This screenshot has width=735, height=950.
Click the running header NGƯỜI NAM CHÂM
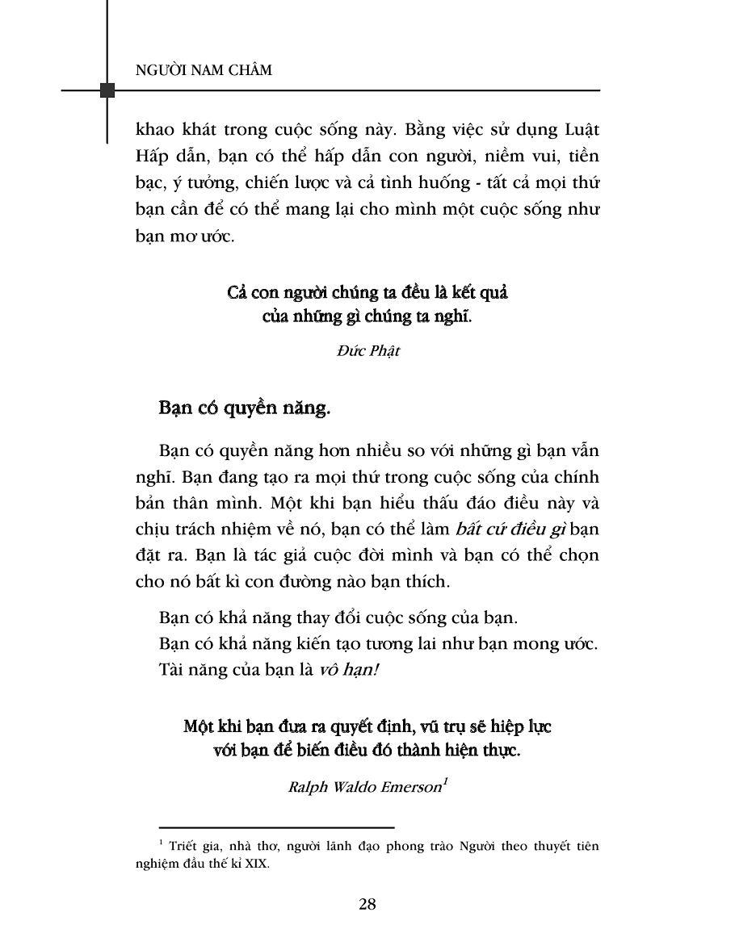[x=204, y=70]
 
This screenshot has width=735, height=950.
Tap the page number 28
[x=367, y=904]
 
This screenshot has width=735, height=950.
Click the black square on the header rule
[x=107, y=90]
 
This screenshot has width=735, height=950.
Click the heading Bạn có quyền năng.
[x=245, y=408]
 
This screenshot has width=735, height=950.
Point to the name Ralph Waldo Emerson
[x=363, y=788]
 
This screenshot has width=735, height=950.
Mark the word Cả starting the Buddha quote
[x=237, y=291]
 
